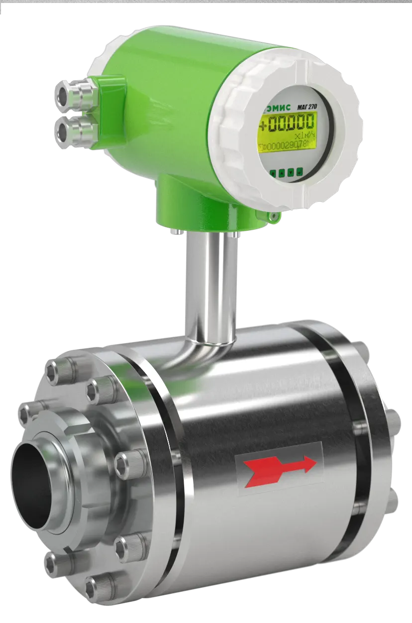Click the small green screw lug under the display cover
click(271, 216)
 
